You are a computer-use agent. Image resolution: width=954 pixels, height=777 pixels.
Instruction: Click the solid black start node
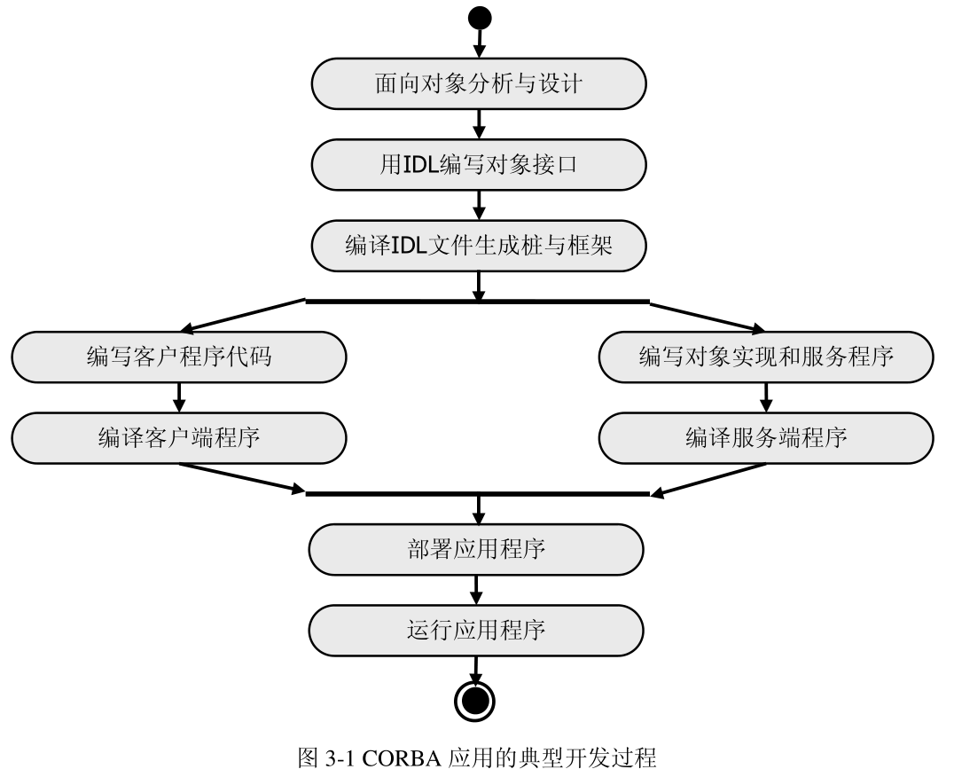pyautogui.click(x=479, y=18)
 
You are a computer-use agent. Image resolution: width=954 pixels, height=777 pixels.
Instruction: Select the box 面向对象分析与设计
pyautogui.click(x=478, y=84)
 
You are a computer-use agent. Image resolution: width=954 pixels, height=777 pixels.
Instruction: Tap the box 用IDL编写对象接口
pyautogui.click(x=478, y=165)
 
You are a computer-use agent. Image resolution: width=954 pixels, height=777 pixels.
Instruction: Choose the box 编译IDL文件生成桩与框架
pyautogui.click(x=478, y=246)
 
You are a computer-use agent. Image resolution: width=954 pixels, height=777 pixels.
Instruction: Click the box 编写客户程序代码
pyautogui.click(x=178, y=357)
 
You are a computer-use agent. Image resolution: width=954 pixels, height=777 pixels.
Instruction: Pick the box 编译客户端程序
pyautogui.click(x=178, y=437)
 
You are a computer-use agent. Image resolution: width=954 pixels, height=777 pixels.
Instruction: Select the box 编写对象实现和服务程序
pyautogui.click(x=766, y=357)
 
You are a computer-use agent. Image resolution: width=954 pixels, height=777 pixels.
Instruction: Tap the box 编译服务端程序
pyautogui.click(x=766, y=437)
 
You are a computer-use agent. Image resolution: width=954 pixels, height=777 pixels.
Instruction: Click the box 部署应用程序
pyautogui.click(x=475, y=549)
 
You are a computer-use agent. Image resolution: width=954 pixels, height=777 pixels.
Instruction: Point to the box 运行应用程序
pyautogui.click(x=475, y=630)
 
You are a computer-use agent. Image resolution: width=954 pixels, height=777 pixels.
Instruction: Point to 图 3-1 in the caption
pyautogui.click(x=325, y=759)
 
